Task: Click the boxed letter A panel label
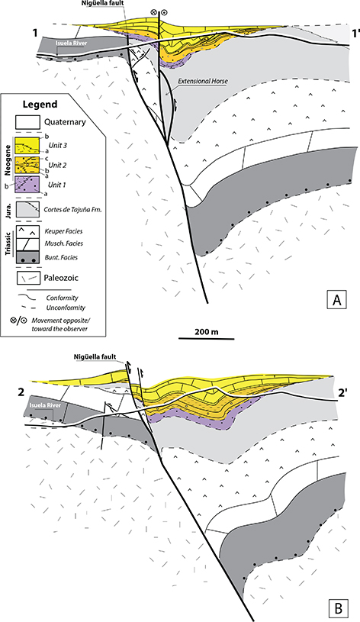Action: (x=336, y=300)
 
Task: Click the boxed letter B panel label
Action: (x=336, y=607)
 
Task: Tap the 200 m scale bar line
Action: (x=206, y=339)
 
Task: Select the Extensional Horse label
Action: (x=203, y=81)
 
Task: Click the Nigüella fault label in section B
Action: (x=95, y=356)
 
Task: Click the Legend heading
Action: (x=40, y=105)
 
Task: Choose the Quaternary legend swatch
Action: (x=27, y=121)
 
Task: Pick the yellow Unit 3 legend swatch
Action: (x=27, y=146)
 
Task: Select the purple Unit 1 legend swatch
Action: (x=27, y=185)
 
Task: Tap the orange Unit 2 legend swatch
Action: (x=27, y=165)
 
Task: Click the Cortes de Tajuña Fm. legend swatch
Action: (x=27, y=209)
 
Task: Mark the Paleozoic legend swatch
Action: (x=27, y=278)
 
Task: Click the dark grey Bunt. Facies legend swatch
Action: (x=27, y=256)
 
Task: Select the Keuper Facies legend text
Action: (x=63, y=231)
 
